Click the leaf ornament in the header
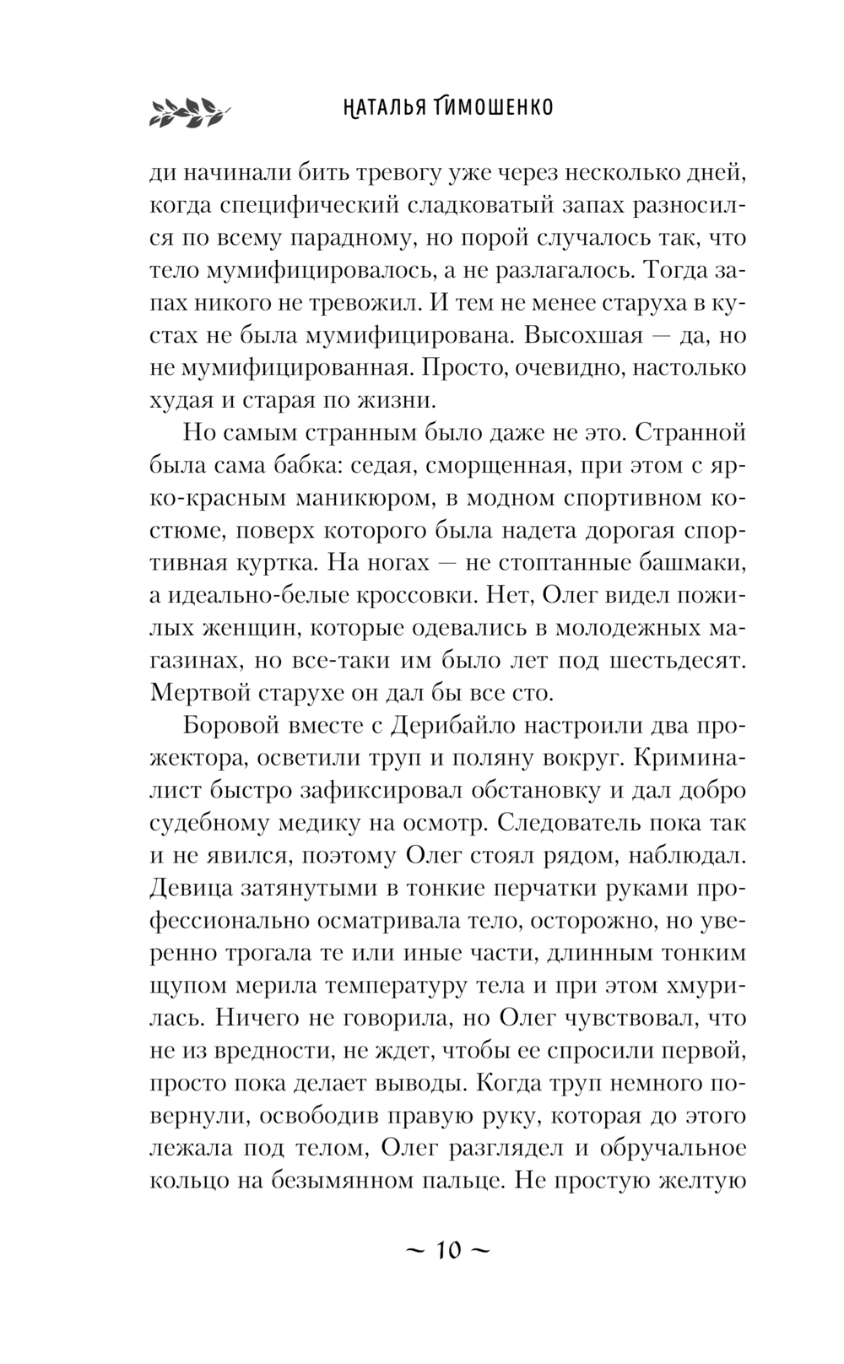pos(188,111)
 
